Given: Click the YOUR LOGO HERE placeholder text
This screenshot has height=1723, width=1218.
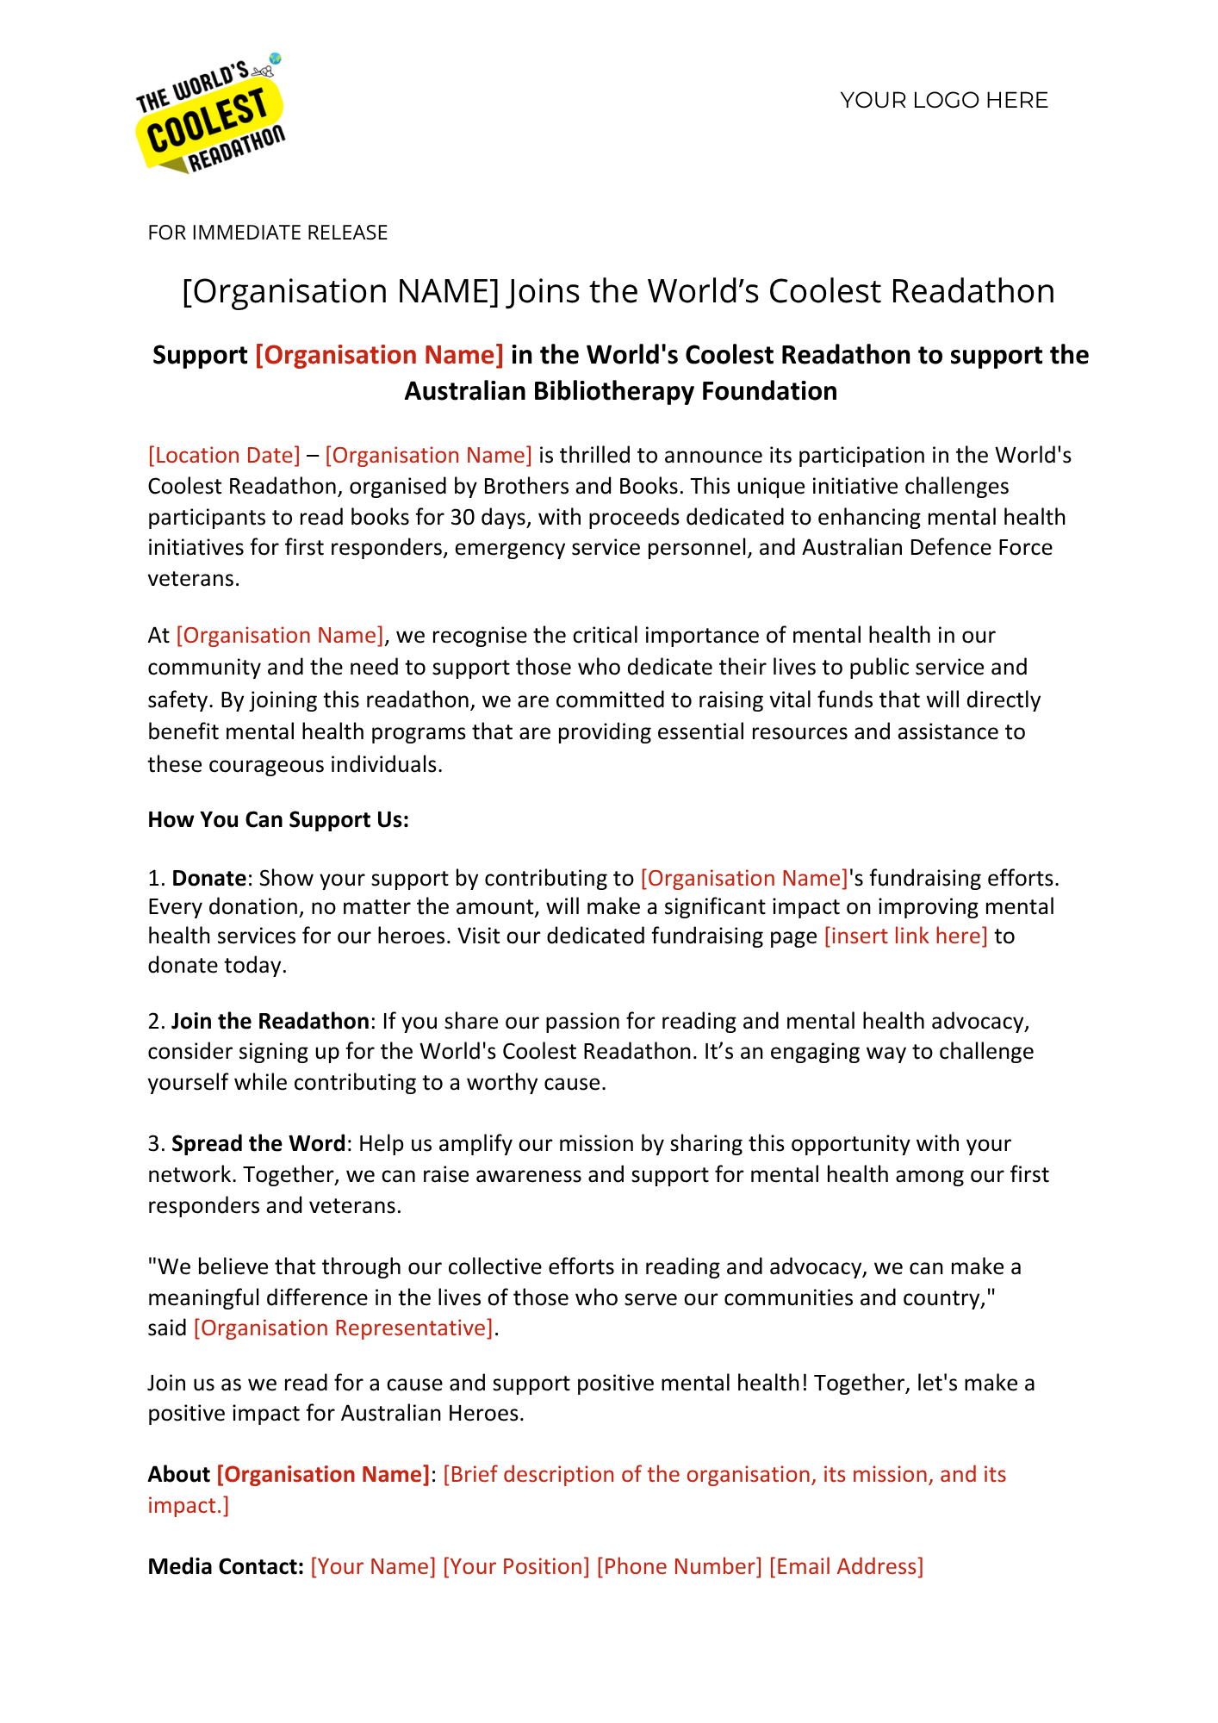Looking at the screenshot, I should pos(944,101).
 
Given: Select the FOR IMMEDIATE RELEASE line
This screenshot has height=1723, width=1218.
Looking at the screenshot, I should pos(268,233).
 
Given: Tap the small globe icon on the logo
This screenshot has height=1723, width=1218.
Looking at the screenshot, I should pos(275,59).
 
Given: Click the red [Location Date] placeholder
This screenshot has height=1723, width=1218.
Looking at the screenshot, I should pos(224,455).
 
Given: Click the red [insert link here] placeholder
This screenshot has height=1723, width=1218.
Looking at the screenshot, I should pos(905,936).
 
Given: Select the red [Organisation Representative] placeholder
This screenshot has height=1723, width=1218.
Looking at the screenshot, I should pos(344,1328).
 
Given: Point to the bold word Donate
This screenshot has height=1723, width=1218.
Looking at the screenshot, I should pos(209,878).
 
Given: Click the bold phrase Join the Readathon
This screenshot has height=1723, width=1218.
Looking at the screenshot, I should pos(270,1021).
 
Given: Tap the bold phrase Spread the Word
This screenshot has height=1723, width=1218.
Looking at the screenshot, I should pos(258,1143).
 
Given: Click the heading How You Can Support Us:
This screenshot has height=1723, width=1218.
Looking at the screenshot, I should pos(278,819).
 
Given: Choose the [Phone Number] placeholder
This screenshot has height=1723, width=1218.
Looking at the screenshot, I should pos(679,1566).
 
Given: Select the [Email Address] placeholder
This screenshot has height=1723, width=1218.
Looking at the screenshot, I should pos(846,1566).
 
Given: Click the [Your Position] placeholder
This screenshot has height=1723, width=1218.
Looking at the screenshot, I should pos(516,1566).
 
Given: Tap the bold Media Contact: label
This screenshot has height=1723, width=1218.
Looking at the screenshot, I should pos(226,1566).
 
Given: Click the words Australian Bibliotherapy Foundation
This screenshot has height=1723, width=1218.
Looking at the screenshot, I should pos(620,391).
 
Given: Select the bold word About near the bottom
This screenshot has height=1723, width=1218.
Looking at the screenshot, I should pos(178,1474).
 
